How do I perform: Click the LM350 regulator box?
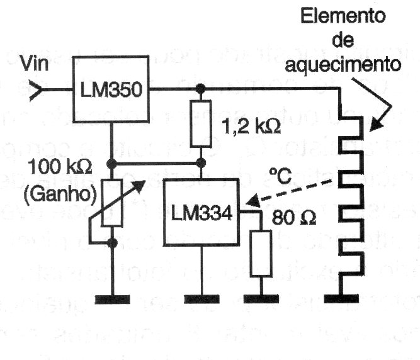(111, 89)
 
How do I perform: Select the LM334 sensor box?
(201, 213)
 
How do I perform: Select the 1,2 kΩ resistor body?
(201, 123)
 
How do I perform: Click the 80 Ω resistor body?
(261, 253)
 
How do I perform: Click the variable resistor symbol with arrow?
(111, 202)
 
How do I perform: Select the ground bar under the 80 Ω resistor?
(261, 298)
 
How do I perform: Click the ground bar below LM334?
(201, 298)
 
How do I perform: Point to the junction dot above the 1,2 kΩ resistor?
(201, 89)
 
